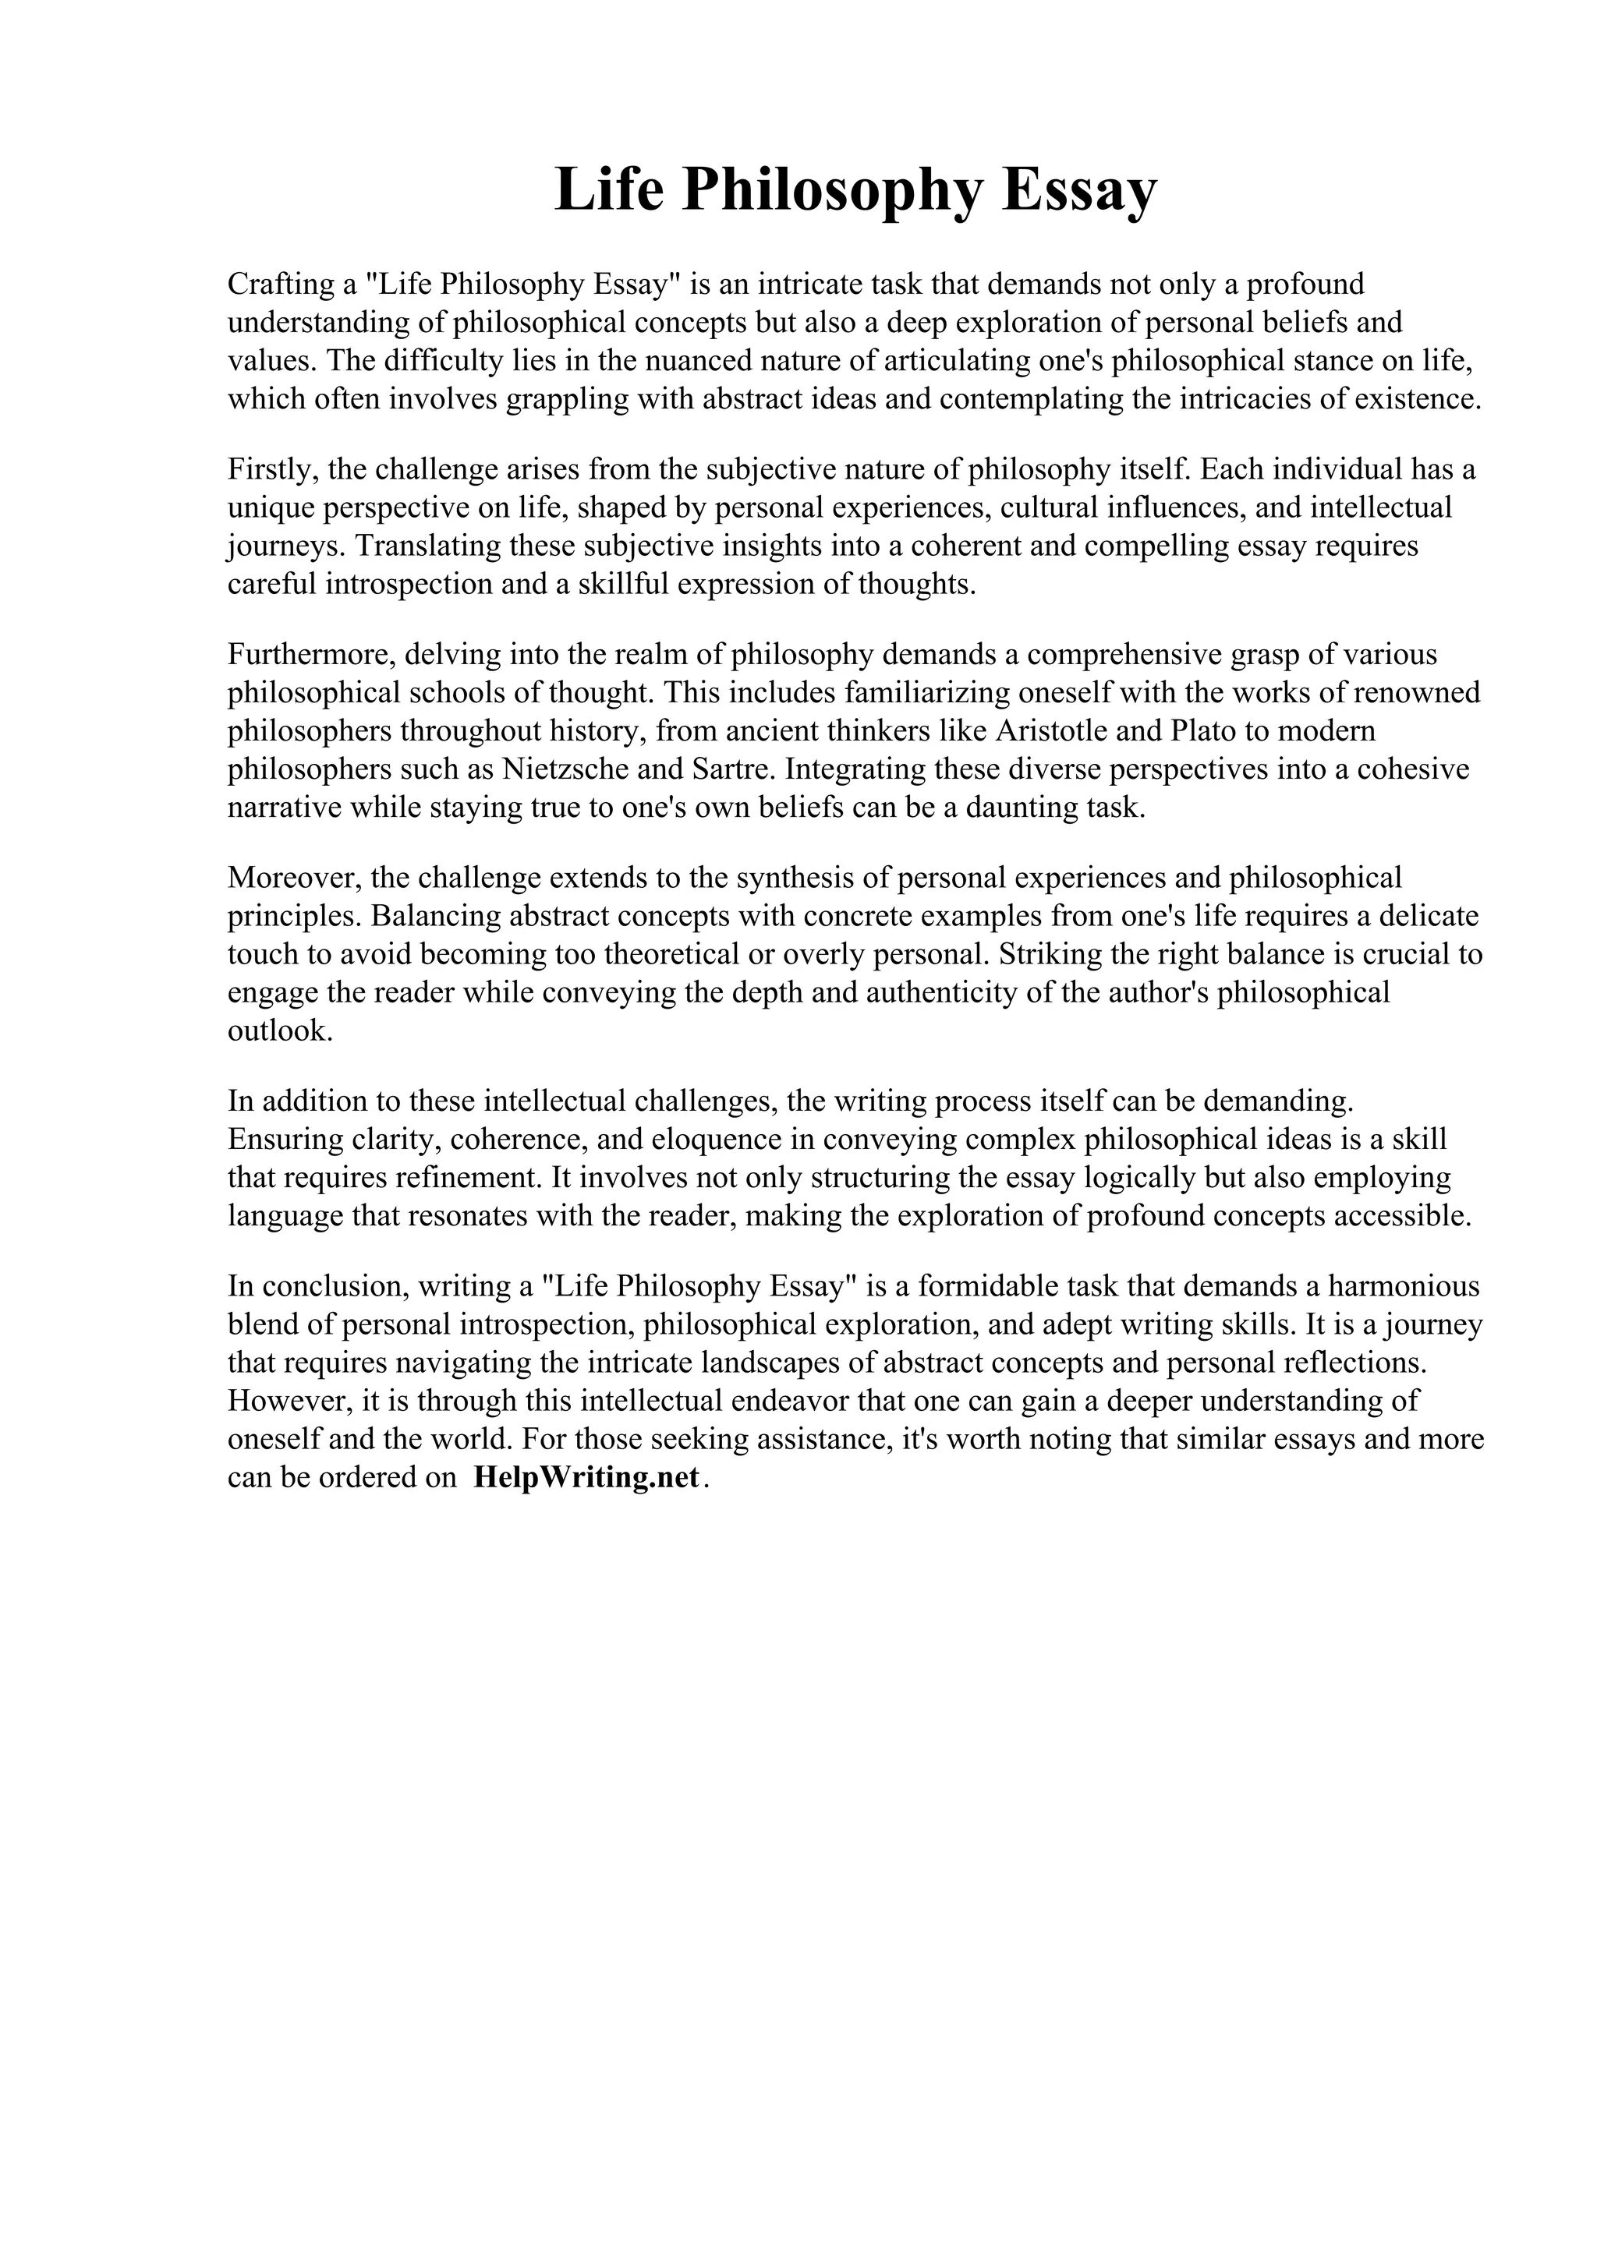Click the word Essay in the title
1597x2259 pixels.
pyautogui.click(x=1079, y=191)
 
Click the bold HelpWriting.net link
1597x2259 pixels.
pyautogui.click(x=586, y=1478)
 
